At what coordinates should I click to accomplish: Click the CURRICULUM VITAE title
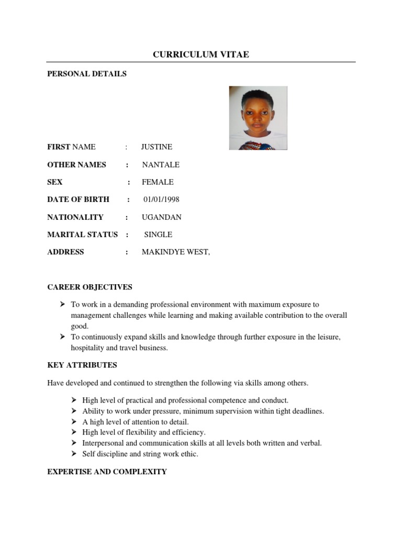(200, 54)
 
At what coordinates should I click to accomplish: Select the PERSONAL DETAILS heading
(87, 74)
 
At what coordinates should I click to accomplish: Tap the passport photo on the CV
(258, 118)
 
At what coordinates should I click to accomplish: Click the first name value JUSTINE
(157, 147)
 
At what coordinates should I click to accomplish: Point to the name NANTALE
(161, 165)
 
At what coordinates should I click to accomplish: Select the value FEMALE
(158, 182)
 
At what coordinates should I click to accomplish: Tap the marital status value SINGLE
(158, 234)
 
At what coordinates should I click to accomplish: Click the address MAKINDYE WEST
(176, 252)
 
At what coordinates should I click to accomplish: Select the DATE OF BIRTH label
(79, 199)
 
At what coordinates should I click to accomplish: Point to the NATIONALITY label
(75, 217)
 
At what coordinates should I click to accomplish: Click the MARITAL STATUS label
(83, 234)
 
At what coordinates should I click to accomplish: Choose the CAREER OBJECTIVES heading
(90, 287)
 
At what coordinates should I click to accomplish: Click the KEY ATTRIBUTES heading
(82, 365)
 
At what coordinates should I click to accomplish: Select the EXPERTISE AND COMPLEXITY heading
(107, 472)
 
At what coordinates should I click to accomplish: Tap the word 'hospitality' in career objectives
(89, 348)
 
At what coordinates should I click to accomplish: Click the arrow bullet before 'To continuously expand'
(61, 337)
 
